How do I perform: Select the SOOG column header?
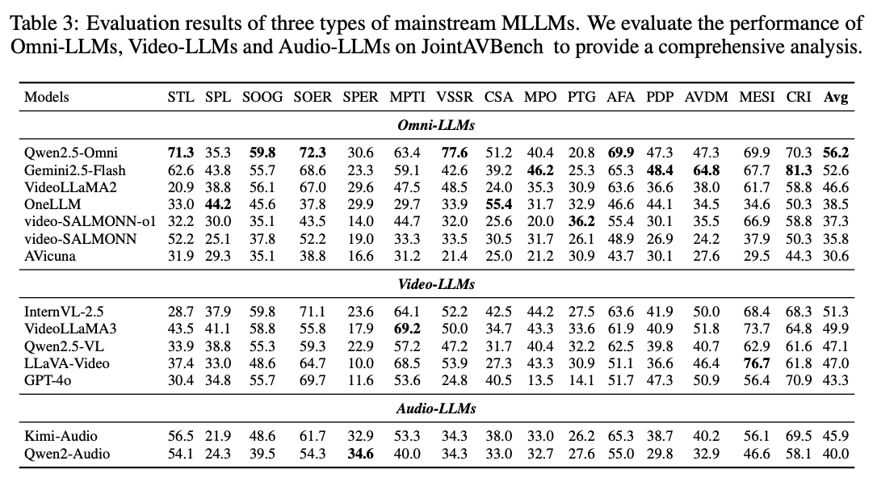[262, 97]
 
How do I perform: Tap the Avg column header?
[836, 97]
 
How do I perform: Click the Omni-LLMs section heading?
[436, 125]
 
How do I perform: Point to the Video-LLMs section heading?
[436, 284]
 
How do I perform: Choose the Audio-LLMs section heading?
[436, 408]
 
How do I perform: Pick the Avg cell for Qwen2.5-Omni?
[836, 151]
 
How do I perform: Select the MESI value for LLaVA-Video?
[756, 363]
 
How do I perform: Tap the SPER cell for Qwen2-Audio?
[360, 454]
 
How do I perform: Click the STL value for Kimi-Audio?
[181, 435]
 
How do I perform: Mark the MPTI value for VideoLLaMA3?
[406, 329]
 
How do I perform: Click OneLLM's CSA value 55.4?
[498, 203]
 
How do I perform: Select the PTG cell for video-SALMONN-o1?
[581, 221]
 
